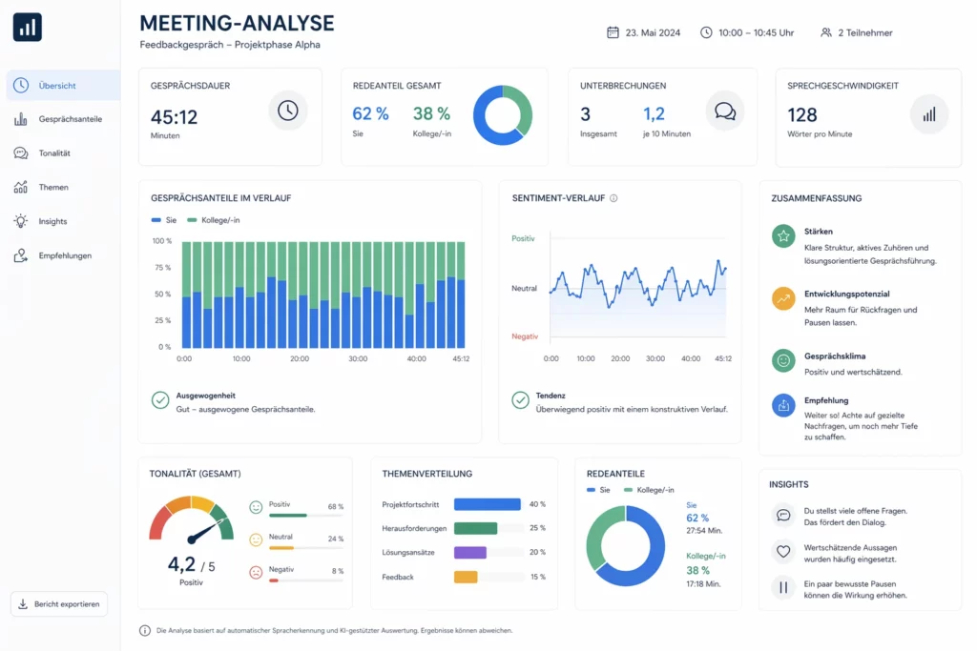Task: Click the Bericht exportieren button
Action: pos(59,604)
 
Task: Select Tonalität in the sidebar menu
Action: pos(54,153)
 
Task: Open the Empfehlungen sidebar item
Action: pos(65,255)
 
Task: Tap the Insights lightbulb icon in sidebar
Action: pos(21,221)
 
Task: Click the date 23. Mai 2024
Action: pos(653,32)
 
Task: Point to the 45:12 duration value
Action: pos(174,116)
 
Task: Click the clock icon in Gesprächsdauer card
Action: pos(287,111)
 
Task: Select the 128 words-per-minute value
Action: pos(802,115)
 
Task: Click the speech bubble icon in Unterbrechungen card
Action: pos(724,111)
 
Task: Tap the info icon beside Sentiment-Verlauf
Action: pos(613,198)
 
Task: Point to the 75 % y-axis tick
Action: pos(161,268)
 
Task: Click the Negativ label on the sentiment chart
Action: pos(525,336)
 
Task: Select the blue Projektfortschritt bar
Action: pos(487,504)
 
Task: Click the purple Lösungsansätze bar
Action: pos(470,553)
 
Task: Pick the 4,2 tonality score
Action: pos(181,563)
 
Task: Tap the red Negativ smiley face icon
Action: pos(256,573)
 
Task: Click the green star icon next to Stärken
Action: pos(783,235)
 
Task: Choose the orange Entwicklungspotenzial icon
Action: pos(783,298)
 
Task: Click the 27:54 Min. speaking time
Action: pos(704,530)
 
